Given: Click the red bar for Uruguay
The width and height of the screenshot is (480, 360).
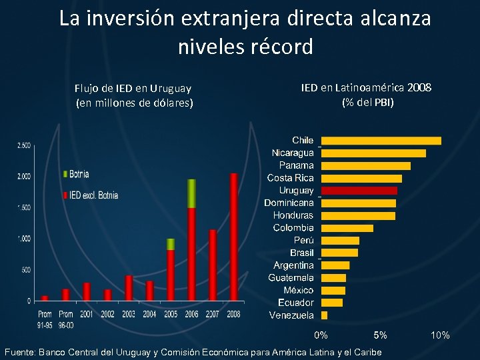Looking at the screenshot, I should coord(359,191).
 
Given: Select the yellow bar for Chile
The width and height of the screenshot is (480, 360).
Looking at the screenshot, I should coord(381,141).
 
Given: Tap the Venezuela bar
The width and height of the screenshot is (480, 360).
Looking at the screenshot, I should coord(325,315).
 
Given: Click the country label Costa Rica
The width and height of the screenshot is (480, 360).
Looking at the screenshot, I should coord(290,178).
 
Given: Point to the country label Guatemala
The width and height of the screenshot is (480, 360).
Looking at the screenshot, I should coord(291,277).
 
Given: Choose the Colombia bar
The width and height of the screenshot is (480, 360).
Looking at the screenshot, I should coord(347,228).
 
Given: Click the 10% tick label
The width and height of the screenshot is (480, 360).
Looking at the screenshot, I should coord(440,335).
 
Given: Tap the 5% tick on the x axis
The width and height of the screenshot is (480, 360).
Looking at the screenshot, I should coord(380,335).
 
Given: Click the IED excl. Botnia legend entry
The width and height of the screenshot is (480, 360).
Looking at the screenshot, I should coord(91,195).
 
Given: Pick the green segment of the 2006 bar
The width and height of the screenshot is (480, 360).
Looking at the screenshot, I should coord(191,193).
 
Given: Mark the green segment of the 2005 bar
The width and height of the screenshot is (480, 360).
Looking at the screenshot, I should coord(171,244).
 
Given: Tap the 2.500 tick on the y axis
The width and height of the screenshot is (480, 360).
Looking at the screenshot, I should coord(23,145).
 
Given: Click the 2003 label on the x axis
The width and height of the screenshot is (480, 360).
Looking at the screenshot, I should coord(129,314).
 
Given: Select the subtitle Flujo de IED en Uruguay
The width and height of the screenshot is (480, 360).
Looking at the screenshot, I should coord(133,88).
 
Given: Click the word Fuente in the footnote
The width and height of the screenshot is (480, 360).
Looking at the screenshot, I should coord(20,352).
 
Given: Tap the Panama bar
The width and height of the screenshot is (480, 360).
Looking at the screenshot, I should coord(365,165).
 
